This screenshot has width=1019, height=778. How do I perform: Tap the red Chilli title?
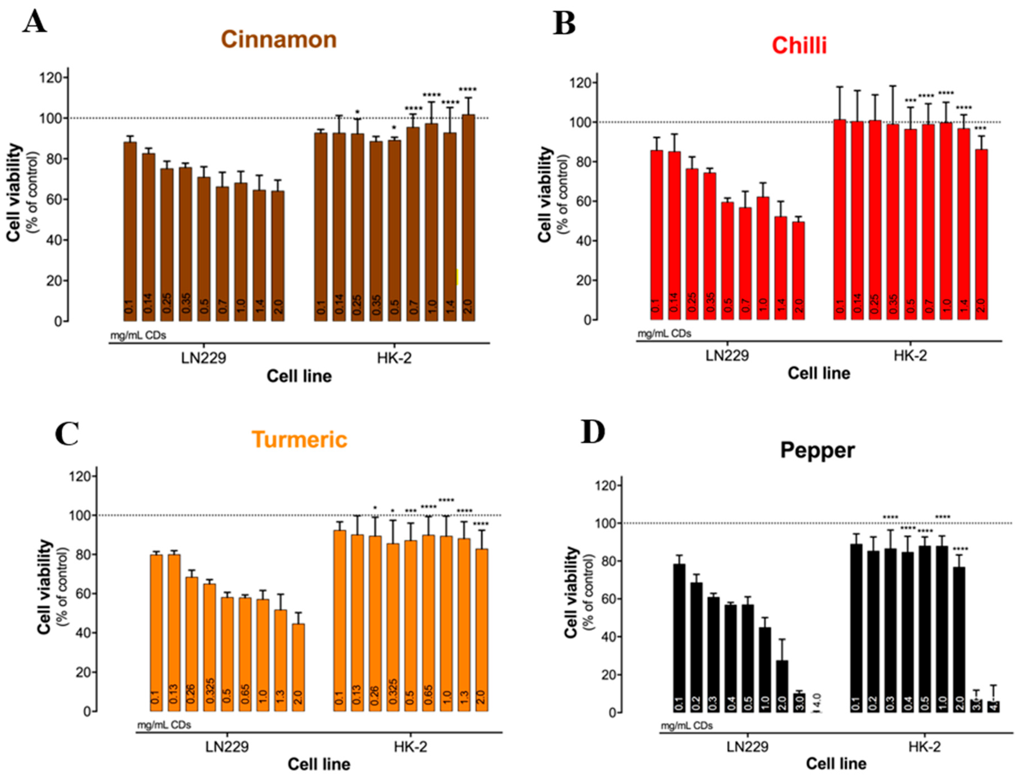point(799,45)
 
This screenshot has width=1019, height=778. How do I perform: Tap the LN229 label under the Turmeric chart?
point(227,746)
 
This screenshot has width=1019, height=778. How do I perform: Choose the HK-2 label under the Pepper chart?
point(924,746)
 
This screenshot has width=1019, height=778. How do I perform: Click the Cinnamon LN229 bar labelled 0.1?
point(130,232)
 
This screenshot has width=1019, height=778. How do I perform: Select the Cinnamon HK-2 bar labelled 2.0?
point(468,218)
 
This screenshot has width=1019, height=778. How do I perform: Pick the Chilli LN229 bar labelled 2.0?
point(798,271)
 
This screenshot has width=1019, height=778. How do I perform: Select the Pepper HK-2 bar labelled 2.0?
point(958,639)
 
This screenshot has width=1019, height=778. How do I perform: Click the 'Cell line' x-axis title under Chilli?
point(818,373)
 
